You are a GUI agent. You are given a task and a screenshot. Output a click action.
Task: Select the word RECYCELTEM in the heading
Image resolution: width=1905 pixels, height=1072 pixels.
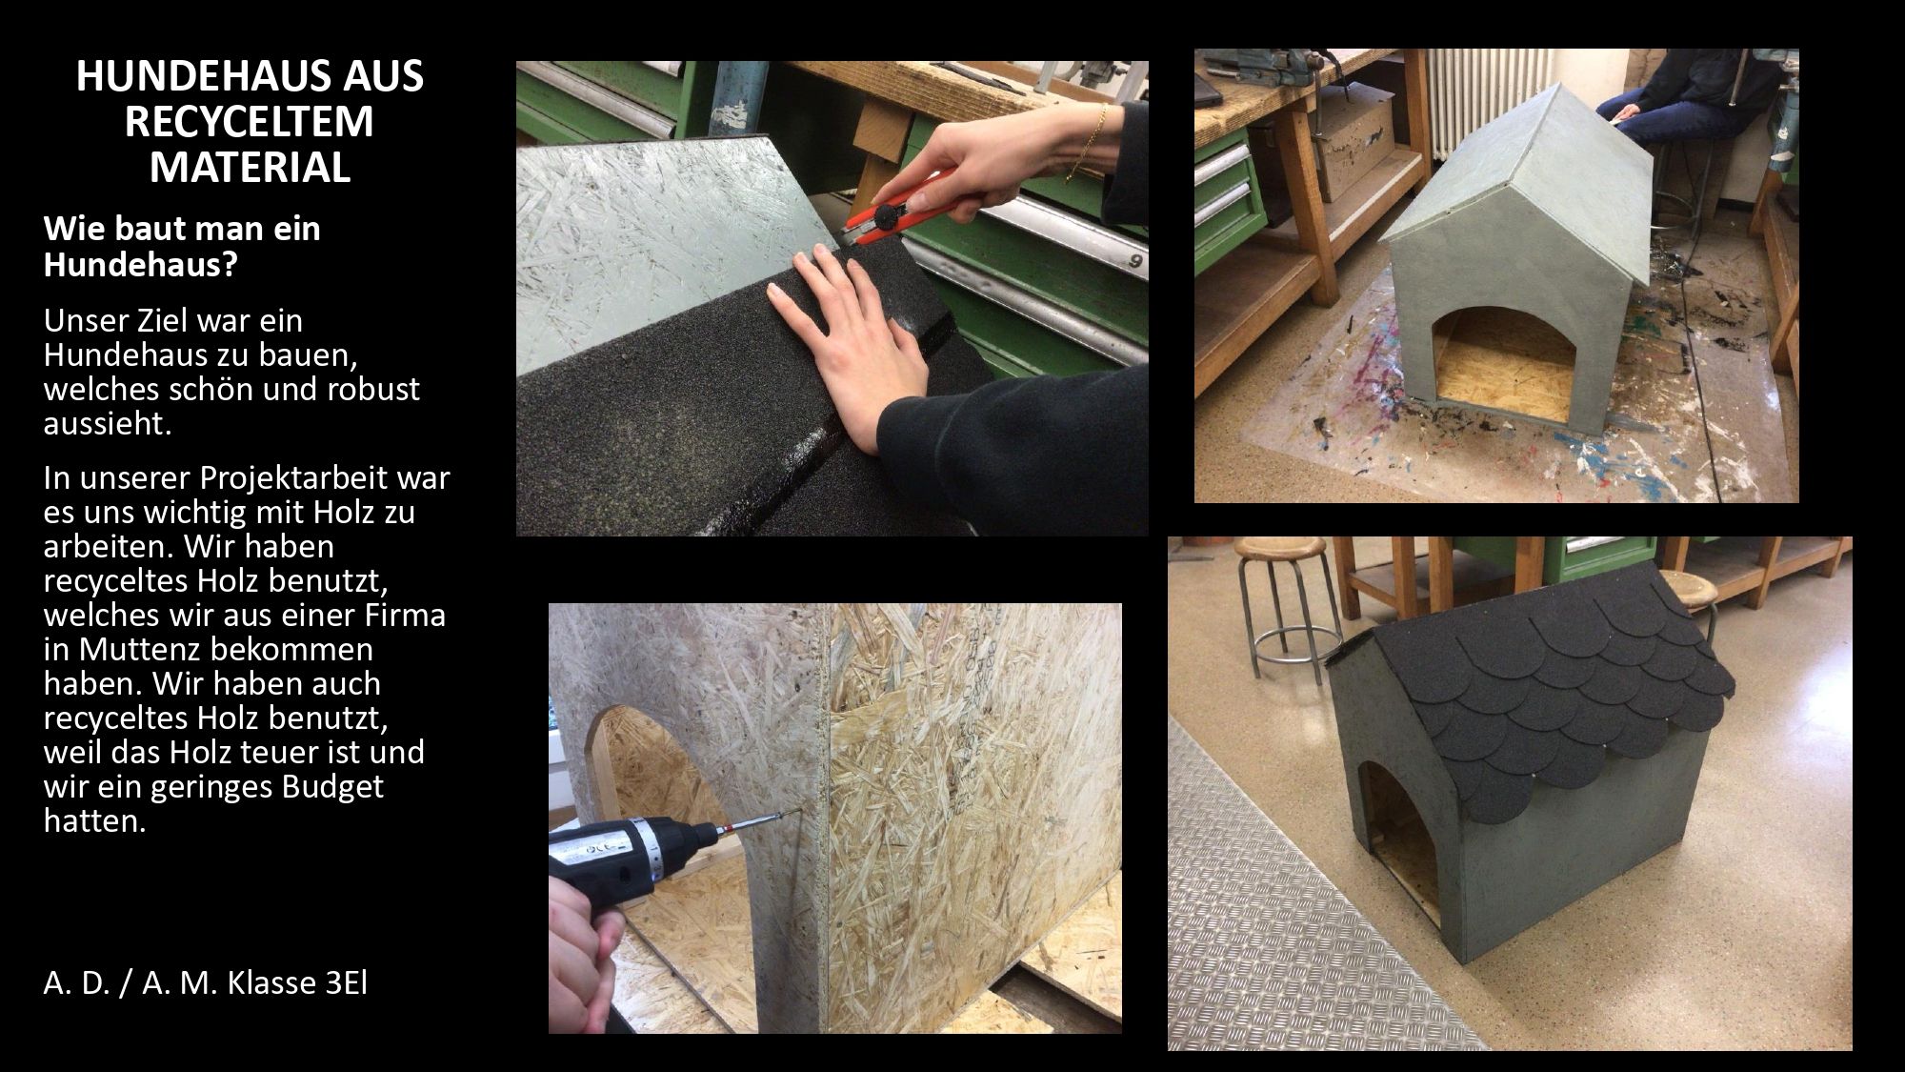(250, 122)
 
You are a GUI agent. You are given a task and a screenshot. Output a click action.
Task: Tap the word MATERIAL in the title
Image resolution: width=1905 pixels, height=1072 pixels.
(250, 168)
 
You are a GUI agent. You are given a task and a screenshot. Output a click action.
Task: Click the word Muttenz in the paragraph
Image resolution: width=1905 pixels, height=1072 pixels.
(146, 649)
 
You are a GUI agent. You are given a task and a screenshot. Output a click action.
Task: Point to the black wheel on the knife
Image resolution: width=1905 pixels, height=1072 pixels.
(892, 210)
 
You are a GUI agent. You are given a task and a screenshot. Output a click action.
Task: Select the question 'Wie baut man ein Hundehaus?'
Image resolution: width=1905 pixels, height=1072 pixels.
(182, 246)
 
